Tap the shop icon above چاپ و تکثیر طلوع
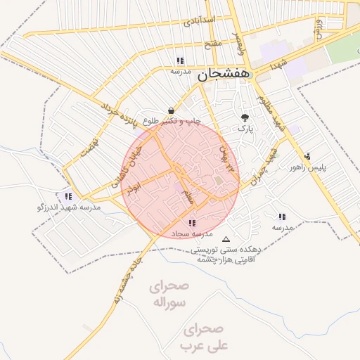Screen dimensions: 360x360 [172, 110]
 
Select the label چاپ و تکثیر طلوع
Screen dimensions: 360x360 [172, 122]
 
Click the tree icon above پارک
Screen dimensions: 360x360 [245, 117]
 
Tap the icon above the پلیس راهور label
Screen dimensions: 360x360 [307, 156]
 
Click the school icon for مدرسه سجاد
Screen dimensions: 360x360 [192, 223]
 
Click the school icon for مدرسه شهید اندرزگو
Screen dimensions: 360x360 [68, 196]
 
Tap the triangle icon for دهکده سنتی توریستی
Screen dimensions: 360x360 [225, 238]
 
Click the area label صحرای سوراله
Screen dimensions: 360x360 [169, 295]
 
